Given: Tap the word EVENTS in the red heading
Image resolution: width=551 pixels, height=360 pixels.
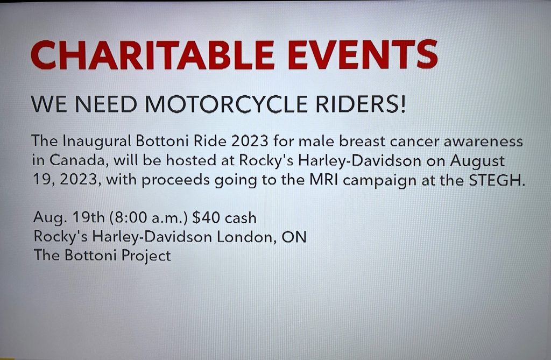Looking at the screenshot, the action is (x=363, y=54).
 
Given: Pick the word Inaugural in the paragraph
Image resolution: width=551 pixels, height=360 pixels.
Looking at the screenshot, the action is (x=97, y=142).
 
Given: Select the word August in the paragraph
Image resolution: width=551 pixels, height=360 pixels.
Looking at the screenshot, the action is (x=477, y=161).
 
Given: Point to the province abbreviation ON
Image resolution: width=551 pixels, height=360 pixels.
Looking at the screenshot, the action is (x=294, y=237).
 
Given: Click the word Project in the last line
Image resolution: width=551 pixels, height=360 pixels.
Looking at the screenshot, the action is (x=146, y=256).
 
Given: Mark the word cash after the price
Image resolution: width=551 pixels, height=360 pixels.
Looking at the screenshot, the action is (x=241, y=218).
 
